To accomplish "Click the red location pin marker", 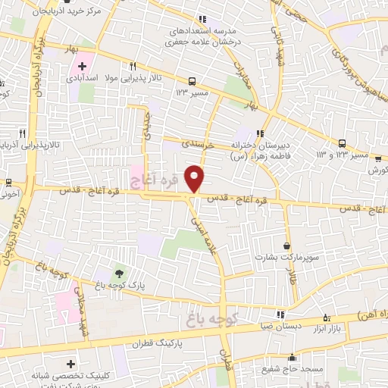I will pos(195,178).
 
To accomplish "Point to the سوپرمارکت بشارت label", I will pos(286,257).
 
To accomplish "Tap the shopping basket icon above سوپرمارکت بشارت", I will pos(286,245).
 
